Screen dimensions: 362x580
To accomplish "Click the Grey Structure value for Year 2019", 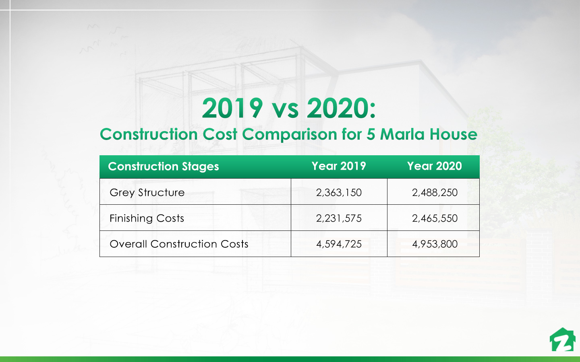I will click(x=339, y=193).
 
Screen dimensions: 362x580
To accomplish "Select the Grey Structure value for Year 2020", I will click(x=435, y=193).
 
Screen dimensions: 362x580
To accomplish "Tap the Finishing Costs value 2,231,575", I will click(x=339, y=218).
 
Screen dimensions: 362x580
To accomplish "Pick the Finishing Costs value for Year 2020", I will click(x=435, y=218).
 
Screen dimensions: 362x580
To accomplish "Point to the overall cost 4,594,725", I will click(x=339, y=244).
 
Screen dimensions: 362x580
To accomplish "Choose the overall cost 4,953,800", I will click(x=435, y=244).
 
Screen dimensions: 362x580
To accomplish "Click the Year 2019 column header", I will click(x=339, y=166).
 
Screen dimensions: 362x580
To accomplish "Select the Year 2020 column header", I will click(x=434, y=166).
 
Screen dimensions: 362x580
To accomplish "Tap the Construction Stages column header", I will click(x=164, y=167).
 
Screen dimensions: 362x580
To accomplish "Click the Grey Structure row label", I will click(x=147, y=193).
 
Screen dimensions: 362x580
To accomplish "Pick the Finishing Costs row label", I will click(x=147, y=218).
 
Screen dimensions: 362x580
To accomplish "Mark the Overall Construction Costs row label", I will click(x=179, y=244).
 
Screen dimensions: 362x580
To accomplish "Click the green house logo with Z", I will click(x=562, y=340).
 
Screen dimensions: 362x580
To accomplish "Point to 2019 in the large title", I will click(x=232, y=108).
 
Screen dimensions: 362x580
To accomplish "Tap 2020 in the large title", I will click(x=338, y=108).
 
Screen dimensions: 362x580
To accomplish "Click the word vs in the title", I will click(x=285, y=109).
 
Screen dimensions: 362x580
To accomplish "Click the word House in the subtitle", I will click(x=453, y=134).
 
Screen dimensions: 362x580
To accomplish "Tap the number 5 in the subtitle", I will click(x=370, y=134).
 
